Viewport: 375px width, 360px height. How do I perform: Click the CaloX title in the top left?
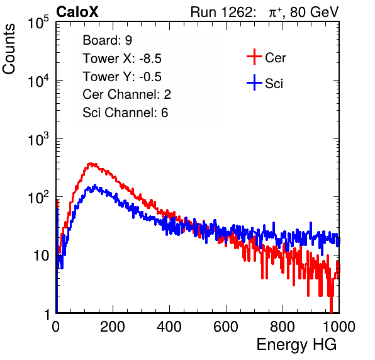coord(77,12)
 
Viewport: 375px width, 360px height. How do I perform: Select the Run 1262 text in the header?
coord(221,12)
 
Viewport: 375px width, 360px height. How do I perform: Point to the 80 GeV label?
coord(314,12)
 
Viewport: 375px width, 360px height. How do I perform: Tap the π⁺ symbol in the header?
coord(275,13)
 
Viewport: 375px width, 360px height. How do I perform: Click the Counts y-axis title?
coord(9,49)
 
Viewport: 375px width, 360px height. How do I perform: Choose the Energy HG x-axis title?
coord(296,345)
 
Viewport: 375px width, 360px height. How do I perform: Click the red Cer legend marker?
coord(254,57)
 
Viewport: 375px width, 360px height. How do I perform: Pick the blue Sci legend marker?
coord(254,82)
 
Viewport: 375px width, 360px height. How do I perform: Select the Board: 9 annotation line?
coord(107,40)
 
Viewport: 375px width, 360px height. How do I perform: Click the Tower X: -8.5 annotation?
coord(122,59)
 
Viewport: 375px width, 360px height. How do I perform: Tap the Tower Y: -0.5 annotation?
coord(122,77)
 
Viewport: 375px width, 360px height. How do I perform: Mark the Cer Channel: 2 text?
coord(126,94)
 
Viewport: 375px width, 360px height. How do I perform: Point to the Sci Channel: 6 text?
coord(125,113)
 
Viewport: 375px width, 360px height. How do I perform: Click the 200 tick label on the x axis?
coord(113,327)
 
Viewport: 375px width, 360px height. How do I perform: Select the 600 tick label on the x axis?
coord(226,327)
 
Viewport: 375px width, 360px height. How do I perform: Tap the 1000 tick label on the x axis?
coord(339,327)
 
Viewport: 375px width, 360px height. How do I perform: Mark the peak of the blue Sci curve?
coord(95,185)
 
